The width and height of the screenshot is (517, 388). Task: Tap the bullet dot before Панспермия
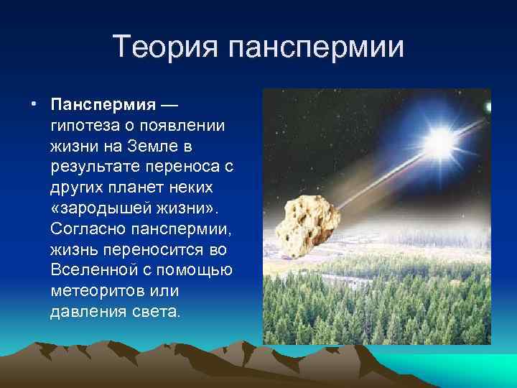(x=34, y=105)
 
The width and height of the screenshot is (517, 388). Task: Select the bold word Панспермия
(x=103, y=106)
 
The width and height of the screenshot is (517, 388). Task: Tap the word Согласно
(x=85, y=230)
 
